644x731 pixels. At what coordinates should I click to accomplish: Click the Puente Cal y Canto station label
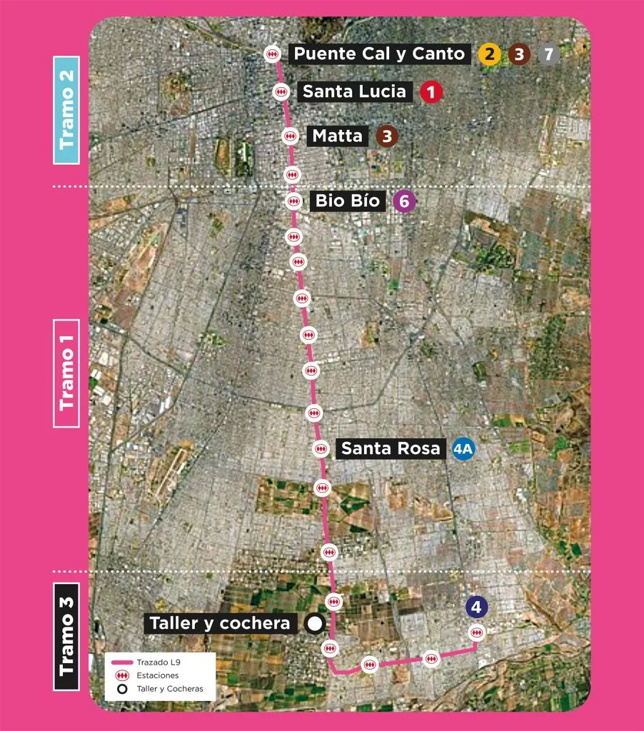(379, 54)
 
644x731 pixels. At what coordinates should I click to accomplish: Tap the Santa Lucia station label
(354, 91)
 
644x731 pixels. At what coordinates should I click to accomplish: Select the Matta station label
(338, 136)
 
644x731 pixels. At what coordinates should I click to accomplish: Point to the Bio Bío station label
(348, 201)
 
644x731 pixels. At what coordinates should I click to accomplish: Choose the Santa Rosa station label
(391, 449)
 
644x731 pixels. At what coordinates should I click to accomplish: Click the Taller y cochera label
(221, 623)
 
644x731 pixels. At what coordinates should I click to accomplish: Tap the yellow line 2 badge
(489, 54)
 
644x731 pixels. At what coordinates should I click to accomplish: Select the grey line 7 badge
(548, 54)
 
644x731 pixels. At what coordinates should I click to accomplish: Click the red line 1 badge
(431, 92)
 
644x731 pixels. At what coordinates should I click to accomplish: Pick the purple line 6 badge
(404, 202)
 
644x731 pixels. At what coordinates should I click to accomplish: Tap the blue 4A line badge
(464, 450)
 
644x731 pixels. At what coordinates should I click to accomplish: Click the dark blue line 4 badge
(476, 608)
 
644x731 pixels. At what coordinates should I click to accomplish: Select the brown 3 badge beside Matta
(387, 136)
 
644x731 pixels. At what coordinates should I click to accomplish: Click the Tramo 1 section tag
(66, 373)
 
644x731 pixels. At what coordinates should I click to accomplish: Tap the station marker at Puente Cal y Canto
(272, 54)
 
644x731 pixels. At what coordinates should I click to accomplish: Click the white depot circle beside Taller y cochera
(314, 624)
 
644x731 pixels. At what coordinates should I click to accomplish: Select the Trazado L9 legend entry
(160, 662)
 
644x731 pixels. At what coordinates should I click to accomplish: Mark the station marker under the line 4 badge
(477, 632)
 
